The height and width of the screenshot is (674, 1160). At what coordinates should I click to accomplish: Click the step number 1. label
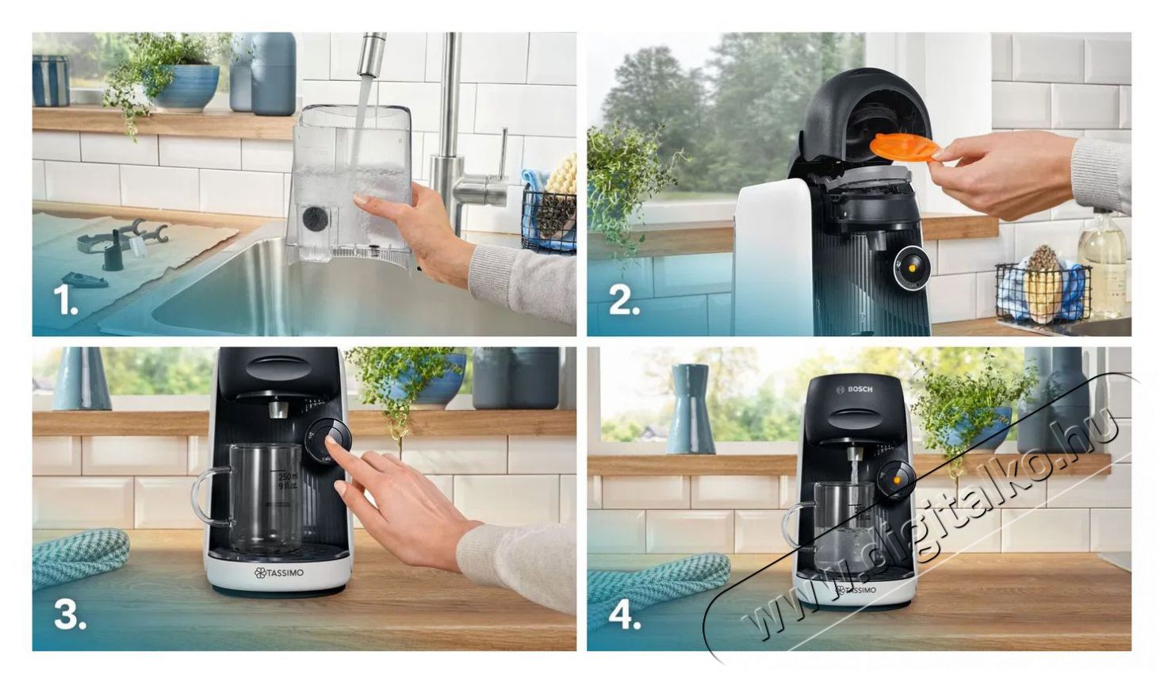click(65, 301)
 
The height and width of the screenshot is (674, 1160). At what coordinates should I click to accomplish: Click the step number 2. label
click(624, 301)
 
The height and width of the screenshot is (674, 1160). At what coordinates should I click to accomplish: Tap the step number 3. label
click(70, 615)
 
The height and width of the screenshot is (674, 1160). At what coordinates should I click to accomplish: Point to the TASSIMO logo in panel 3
click(279, 573)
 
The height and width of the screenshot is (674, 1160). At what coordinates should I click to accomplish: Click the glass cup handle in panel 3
click(202, 496)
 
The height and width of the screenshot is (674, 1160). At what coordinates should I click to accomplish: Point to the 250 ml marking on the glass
click(287, 477)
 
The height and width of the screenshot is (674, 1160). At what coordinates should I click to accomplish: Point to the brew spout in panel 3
click(277, 409)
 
